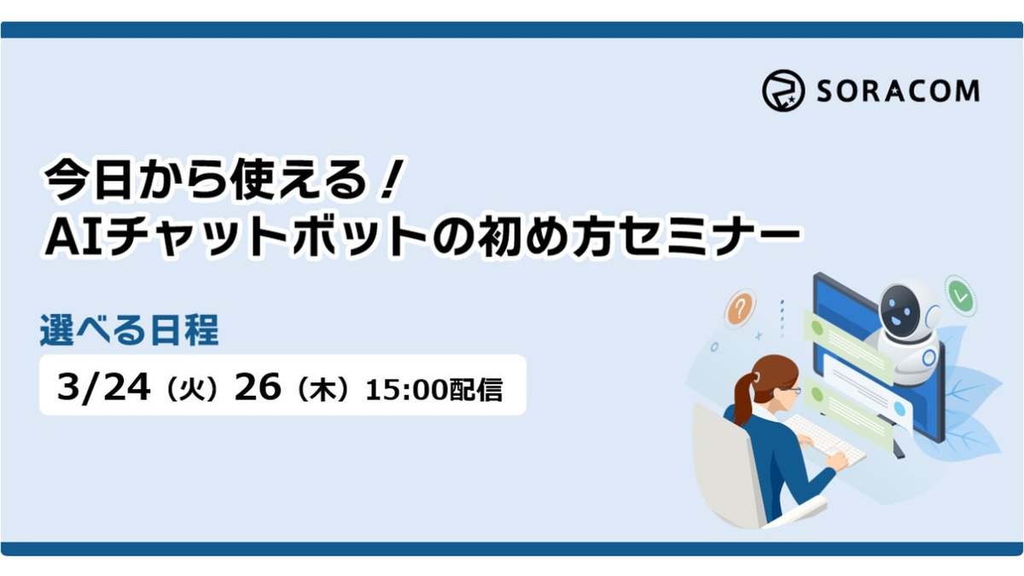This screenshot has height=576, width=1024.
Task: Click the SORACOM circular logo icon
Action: click(783, 91)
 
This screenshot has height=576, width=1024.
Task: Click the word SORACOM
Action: click(897, 91)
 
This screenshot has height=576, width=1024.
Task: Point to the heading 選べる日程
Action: click(129, 331)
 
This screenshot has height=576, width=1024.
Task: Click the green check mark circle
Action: click(962, 295)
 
